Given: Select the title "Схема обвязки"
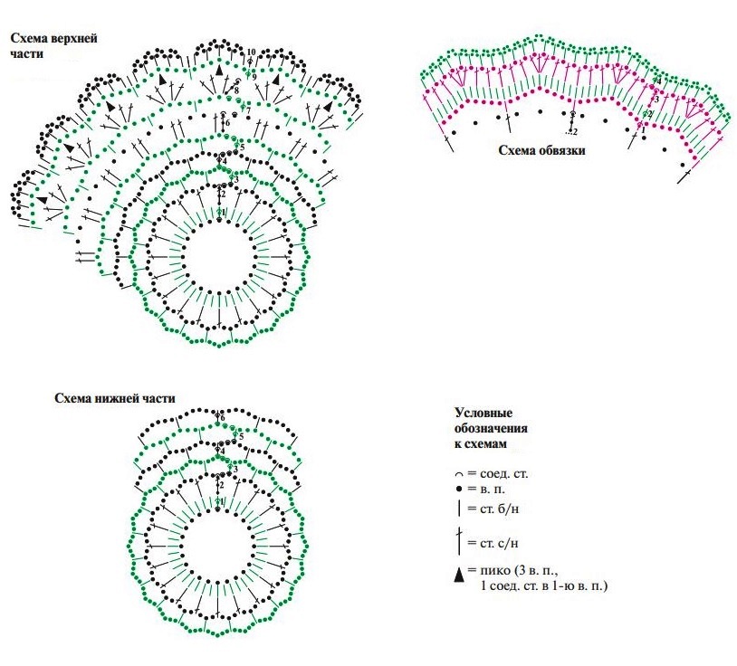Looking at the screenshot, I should point(541,150).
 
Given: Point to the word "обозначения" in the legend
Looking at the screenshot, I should point(491,428).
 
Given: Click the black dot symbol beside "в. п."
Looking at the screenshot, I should point(459,490).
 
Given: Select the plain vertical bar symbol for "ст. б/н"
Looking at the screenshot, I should point(459,509).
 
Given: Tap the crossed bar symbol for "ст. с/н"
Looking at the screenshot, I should point(459,541).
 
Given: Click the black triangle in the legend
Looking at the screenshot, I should point(459,574).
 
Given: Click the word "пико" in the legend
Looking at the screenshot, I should point(494,573).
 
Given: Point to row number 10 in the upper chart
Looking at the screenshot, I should point(251,52).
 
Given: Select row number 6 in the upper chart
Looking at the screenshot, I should point(226,122).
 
